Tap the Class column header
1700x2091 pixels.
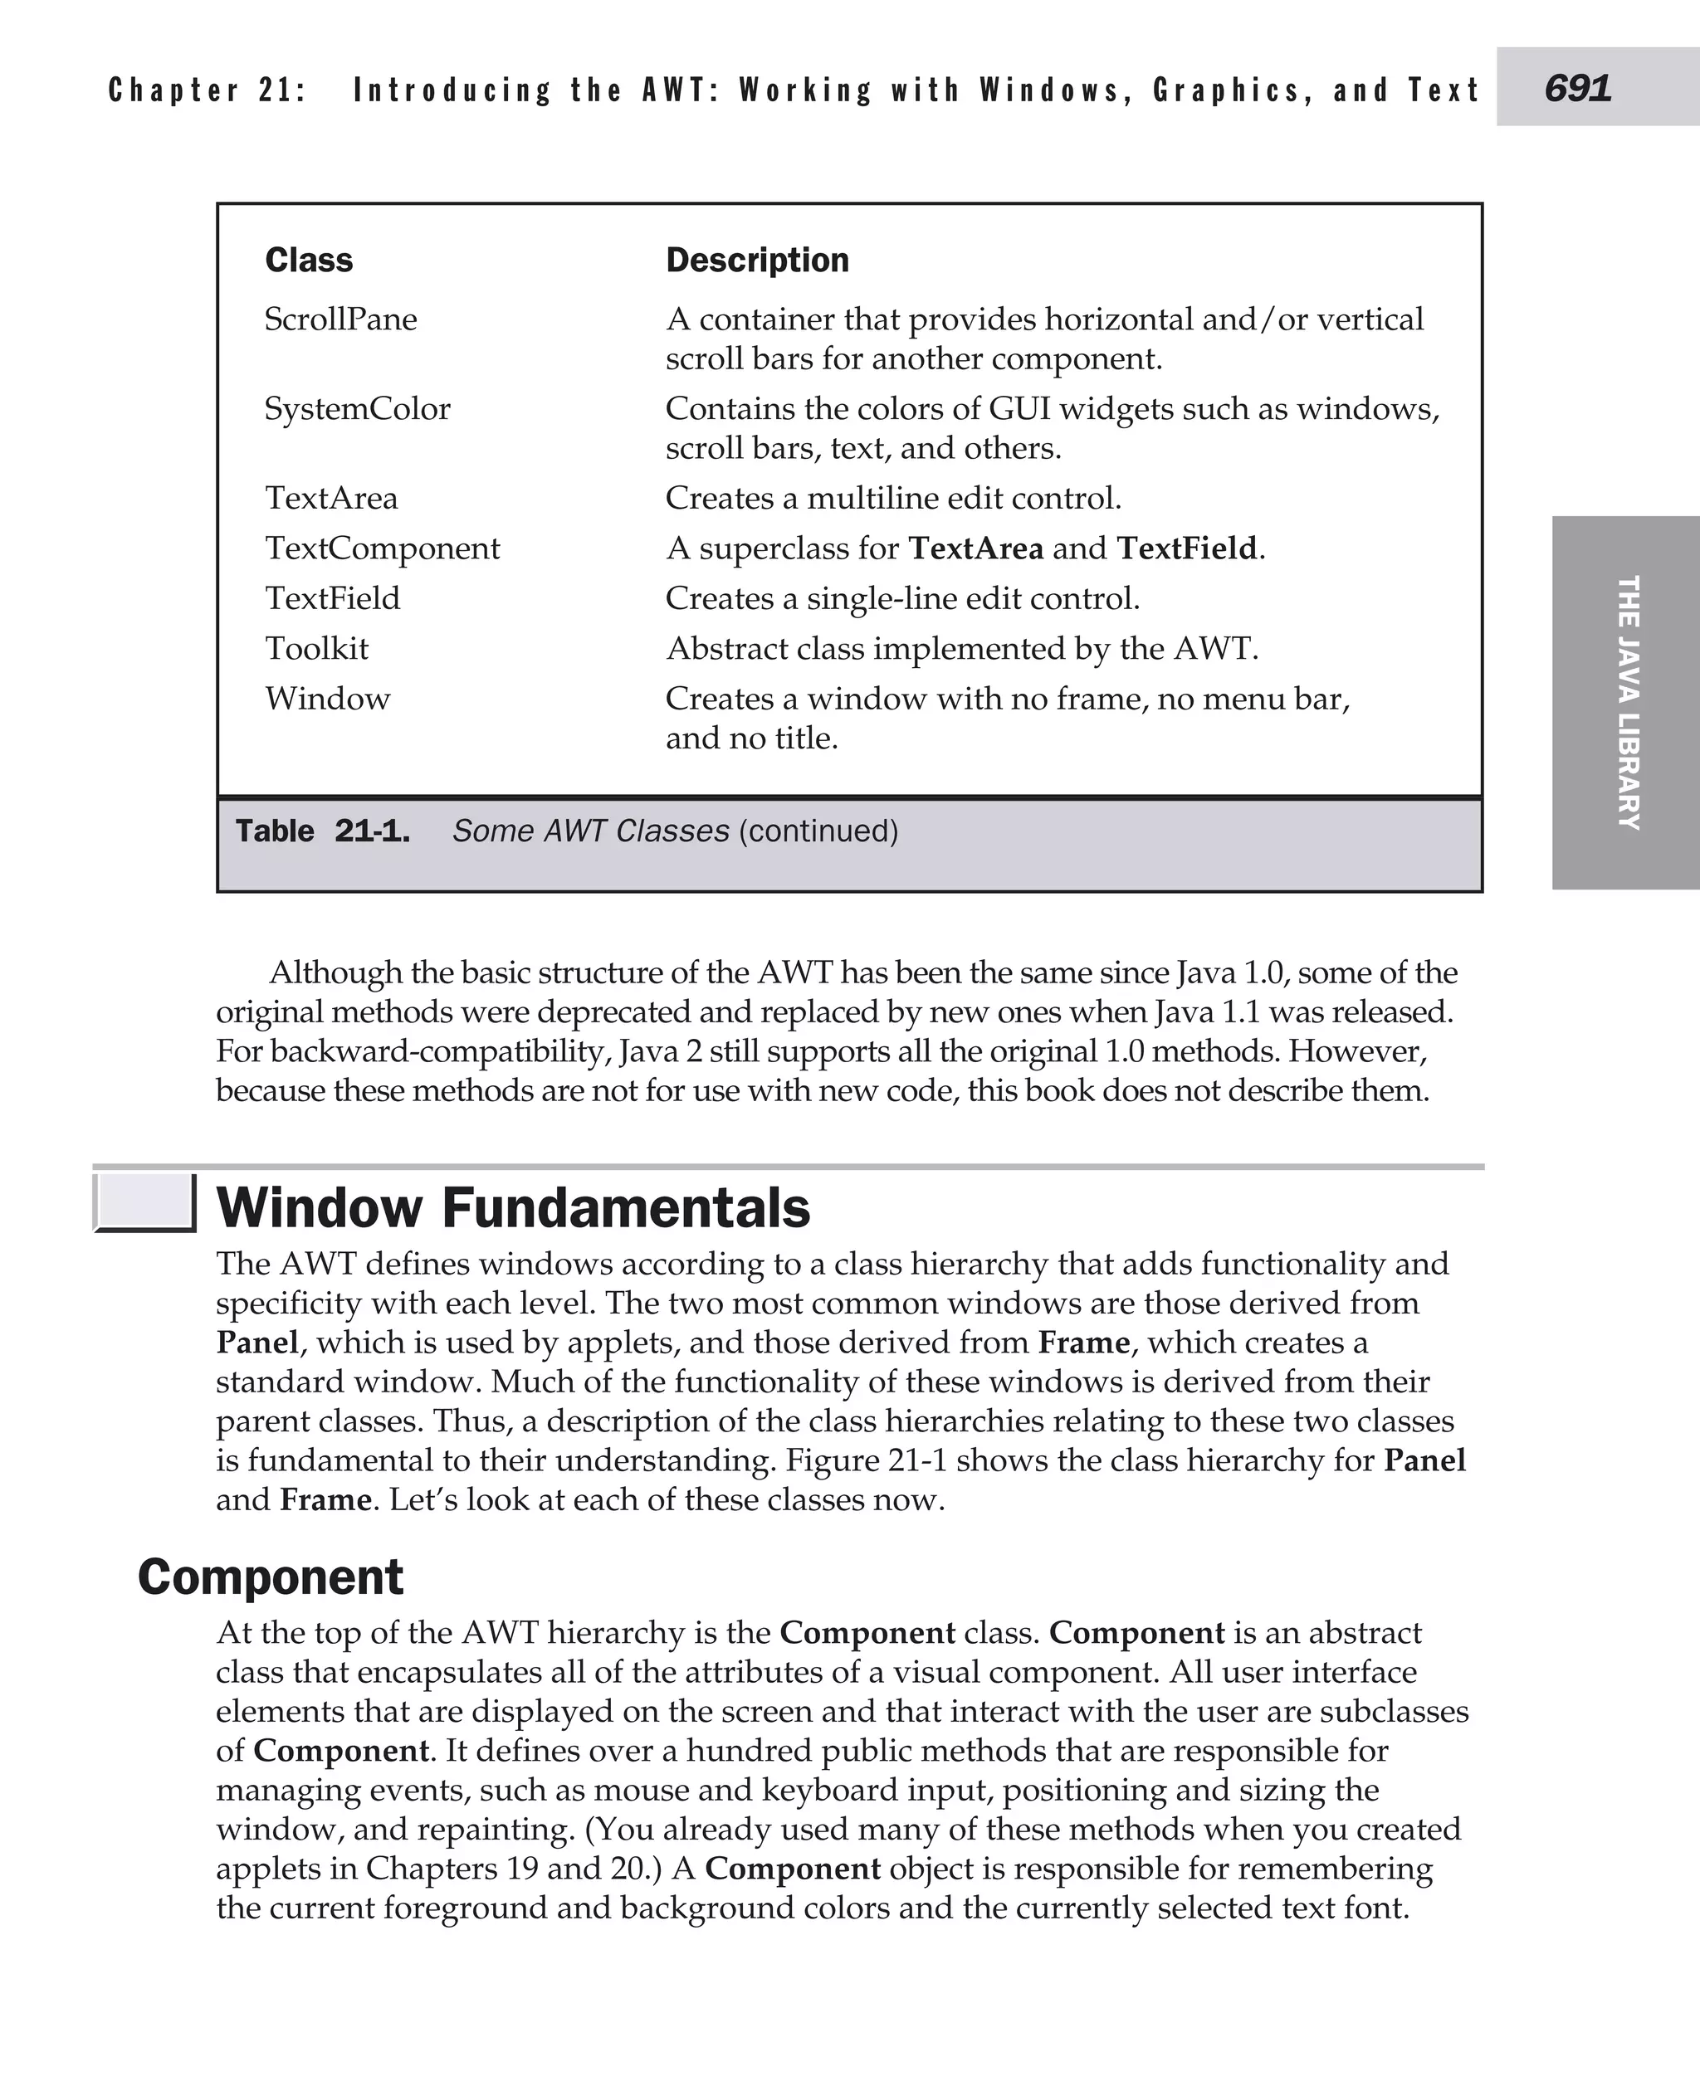point(309,261)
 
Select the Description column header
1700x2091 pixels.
point(757,261)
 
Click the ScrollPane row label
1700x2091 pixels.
point(341,320)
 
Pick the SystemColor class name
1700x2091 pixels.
point(358,409)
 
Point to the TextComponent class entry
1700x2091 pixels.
point(382,548)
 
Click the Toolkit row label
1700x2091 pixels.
point(316,649)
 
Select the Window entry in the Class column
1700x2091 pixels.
point(327,699)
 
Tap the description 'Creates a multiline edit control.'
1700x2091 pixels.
point(893,499)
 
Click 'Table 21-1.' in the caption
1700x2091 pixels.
point(322,831)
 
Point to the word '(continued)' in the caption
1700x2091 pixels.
point(818,831)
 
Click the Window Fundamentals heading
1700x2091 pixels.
point(513,1207)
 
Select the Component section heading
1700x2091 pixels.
point(271,1577)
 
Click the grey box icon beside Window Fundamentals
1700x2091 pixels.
point(144,1202)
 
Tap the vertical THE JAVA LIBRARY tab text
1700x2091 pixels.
point(1628,702)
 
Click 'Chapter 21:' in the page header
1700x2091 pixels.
point(208,90)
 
